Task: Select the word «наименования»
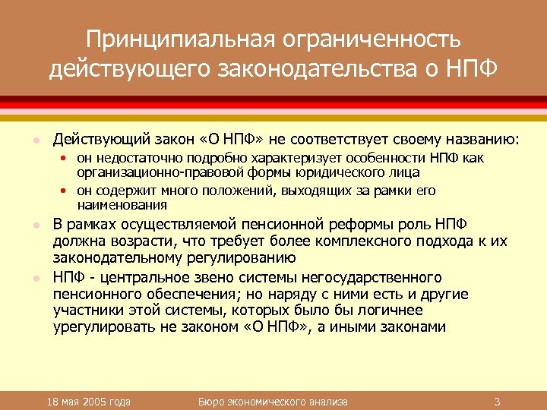click(122, 205)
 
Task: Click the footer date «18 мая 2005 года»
click(88, 401)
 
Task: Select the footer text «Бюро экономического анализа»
click(273, 401)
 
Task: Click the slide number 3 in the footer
click(496, 401)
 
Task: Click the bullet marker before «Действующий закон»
click(34, 140)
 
